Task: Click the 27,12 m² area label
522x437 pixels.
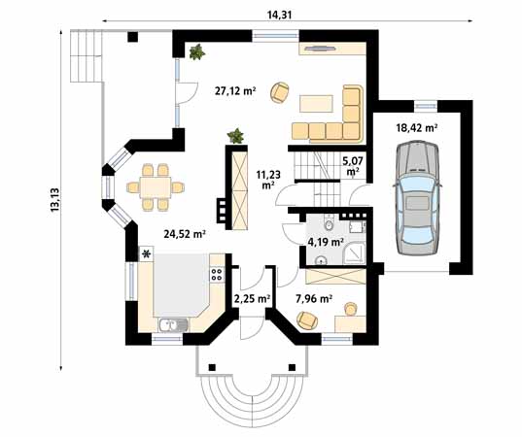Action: pos(235,90)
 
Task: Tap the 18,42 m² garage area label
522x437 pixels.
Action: pos(416,127)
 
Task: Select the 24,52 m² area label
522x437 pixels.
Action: pos(184,234)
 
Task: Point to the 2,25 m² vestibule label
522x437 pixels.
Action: pos(252,299)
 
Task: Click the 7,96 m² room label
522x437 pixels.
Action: pos(314,299)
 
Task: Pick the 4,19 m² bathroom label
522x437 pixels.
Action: pos(326,242)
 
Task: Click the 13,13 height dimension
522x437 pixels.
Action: pos(54,199)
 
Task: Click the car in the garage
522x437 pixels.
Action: pos(416,198)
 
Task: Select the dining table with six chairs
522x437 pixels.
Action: pos(156,187)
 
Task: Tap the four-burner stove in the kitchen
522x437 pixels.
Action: pos(217,275)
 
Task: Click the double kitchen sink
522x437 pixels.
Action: pos(173,325)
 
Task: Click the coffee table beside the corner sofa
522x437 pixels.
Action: pos(316,104)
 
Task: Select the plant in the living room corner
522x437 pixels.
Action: pos(196,51)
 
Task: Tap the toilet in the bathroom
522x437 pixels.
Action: pos(329,224)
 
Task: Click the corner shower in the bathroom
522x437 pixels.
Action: pos(354,253)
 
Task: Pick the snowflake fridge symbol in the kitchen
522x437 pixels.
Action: pos(146,254)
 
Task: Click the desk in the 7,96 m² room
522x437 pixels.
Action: pos(350,324)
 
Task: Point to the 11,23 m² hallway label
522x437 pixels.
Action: pos(268,180)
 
